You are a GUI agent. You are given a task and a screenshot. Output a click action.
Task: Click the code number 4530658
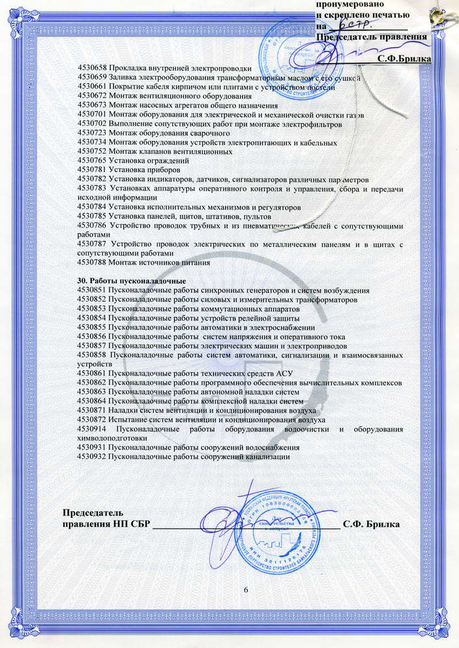pyautogui.click(x=92, y=68)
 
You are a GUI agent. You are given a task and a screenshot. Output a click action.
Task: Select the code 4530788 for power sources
pyautogui.click(x=92, y=263)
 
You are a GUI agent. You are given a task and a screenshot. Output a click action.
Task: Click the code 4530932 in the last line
pyautogui.click(x=92, y=458)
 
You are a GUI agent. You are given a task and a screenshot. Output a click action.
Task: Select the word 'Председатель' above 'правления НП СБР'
pyautogui.click(x=91, y=512)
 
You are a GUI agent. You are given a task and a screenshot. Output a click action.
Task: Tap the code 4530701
pyautogui.click(x=92, y=115)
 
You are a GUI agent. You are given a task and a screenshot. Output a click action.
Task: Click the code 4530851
pyautogui.click(x=92, y=290)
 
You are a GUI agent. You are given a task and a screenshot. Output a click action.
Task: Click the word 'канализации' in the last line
pyautogui.click(x=267, y=458)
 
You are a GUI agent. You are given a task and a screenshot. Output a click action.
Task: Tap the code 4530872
pyautogui.click(x=92, y=420)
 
